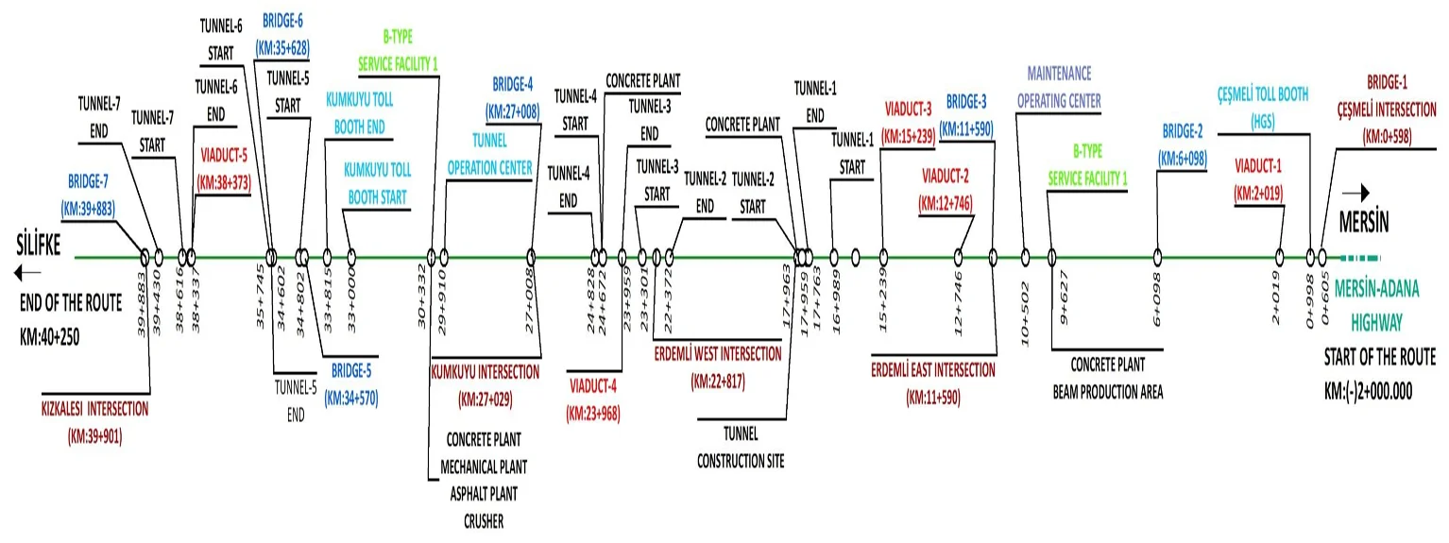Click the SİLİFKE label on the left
[x=38, y=246]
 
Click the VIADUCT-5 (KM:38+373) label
[x=224, y=168]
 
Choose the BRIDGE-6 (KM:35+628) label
[x=281, y=34]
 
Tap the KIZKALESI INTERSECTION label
[x=95, y=422]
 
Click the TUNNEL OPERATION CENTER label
[x=489, y=155]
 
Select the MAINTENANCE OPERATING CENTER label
[x=1059, y=87]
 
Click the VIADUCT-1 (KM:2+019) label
[x=1258, y=179]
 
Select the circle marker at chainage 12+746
[x=958, y=256]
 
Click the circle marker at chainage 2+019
[x=1279, y=256]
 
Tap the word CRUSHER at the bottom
[x=484, y=520]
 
